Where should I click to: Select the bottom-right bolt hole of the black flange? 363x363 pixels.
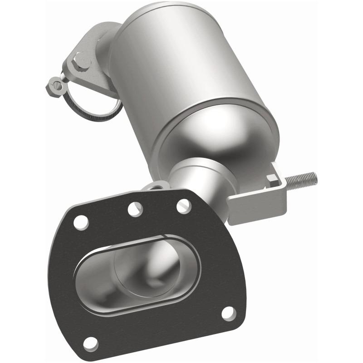229,314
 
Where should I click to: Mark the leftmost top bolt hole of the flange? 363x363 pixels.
81,222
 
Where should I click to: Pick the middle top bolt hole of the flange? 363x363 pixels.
135,209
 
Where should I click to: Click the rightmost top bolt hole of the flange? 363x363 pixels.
183,206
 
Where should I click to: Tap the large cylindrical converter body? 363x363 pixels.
181,68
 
